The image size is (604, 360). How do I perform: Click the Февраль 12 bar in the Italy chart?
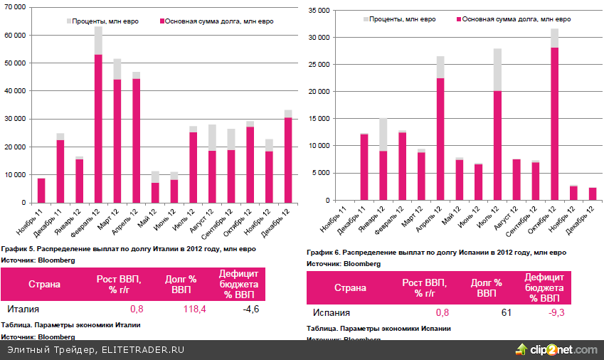click(x=99, y=121)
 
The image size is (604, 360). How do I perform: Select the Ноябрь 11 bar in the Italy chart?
click(x=41, y=190)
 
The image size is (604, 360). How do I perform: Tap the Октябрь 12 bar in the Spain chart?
click(x=554, y=121)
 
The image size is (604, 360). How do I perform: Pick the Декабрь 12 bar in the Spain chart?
click(x=592, y=194)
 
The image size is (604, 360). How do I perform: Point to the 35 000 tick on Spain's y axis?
click(x=321, y=11)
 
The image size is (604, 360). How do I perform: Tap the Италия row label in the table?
click(x=23, y=309)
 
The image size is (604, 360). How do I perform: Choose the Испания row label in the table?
click(x=331, y=312)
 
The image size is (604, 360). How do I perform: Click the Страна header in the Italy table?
click(x=44, y=285)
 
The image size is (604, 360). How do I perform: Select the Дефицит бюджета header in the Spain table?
click(x=544, y=287)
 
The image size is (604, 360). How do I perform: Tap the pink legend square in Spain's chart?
click(x=458, y=19)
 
